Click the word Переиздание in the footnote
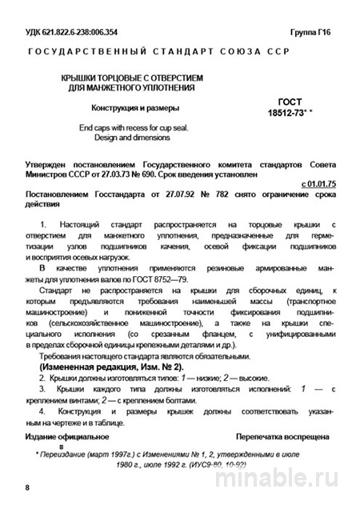68,453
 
